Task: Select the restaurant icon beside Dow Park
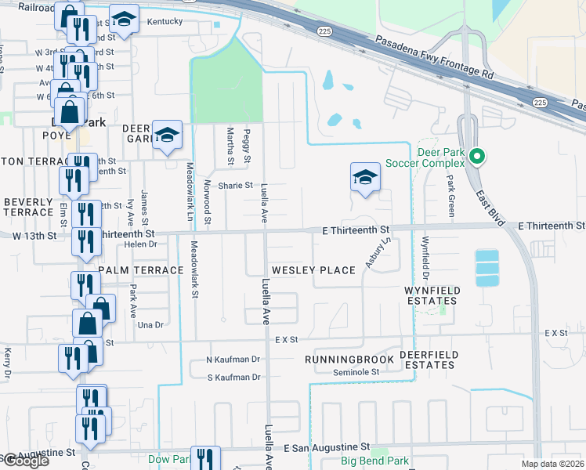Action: pyautogui.click(x=205, y=459)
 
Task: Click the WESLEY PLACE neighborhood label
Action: pyautogui.click(x=313, y=270)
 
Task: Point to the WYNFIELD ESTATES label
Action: pyautogui.click(x=442, y=297)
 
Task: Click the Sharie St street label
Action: pyautogui.click(x=236, y=186)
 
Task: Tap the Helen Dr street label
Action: pyautogui.click(x=120, y=244)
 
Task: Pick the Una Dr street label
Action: pyautogui.click(x=149, y=325)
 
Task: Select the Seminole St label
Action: pyautogui.click(x=356, y=372)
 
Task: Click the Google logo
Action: pyautogui.click(x=25, y=460)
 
